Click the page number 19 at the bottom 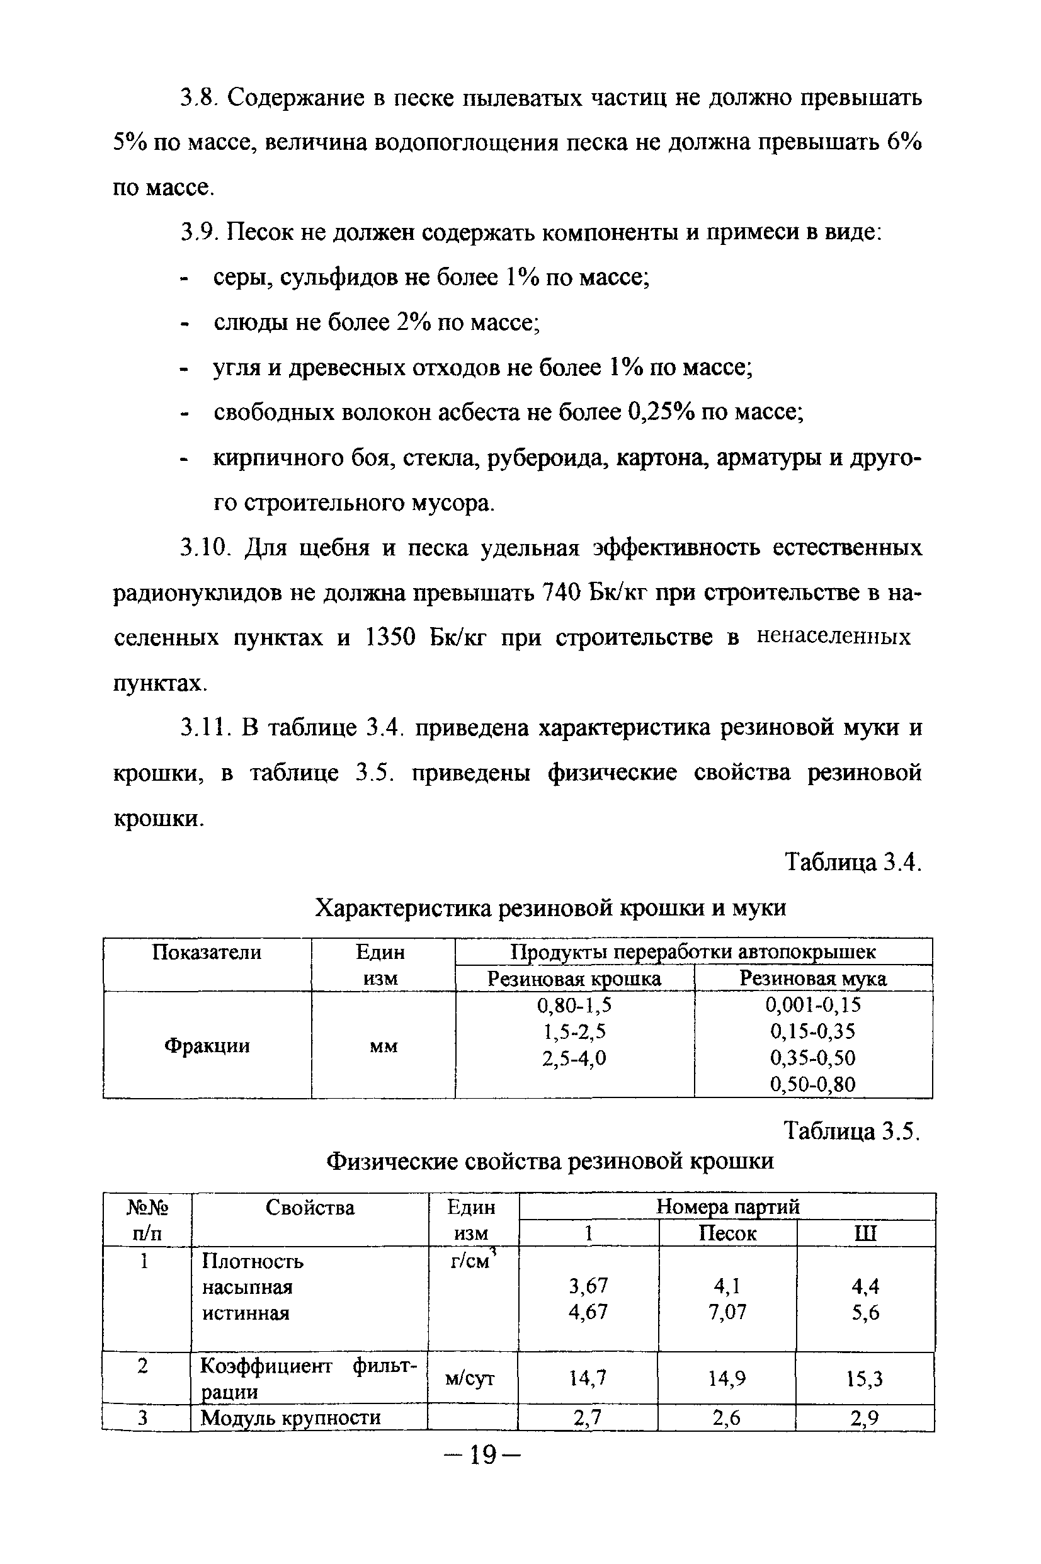(x=482, y=1455)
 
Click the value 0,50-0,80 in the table (x=812, y=1084)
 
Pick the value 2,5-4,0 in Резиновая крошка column (x=574, y=1058)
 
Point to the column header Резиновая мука (x=812, y=978)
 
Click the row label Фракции (x=207, y=1046)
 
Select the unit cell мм (x=383, y=1046)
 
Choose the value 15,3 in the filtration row (x=865, y=1380)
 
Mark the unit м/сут (x=470, y=1379)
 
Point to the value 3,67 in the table (x=588, y=1286)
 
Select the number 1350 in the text (x=390, y=637)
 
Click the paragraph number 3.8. (x=199, y=98)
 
